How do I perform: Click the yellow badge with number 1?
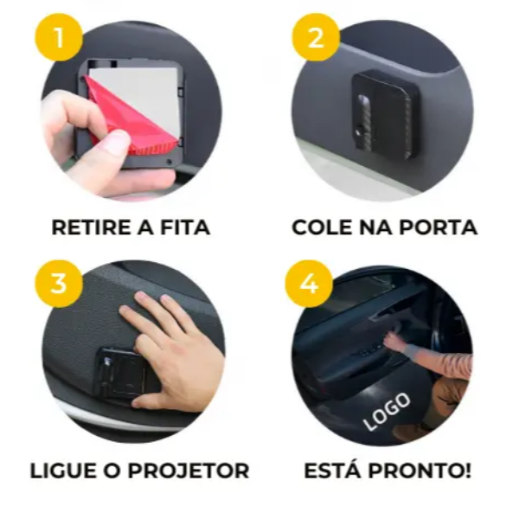(59, 37)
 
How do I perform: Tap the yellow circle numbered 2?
(316, 37)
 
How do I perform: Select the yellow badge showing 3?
(59, 284)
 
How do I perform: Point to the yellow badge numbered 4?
(309, 284)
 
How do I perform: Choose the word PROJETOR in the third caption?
(189, 471)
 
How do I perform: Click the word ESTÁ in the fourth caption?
(333, 470)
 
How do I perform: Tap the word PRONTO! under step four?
(420, 471)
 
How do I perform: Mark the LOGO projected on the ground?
(387, 412)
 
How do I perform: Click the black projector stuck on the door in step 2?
(386, 114)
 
